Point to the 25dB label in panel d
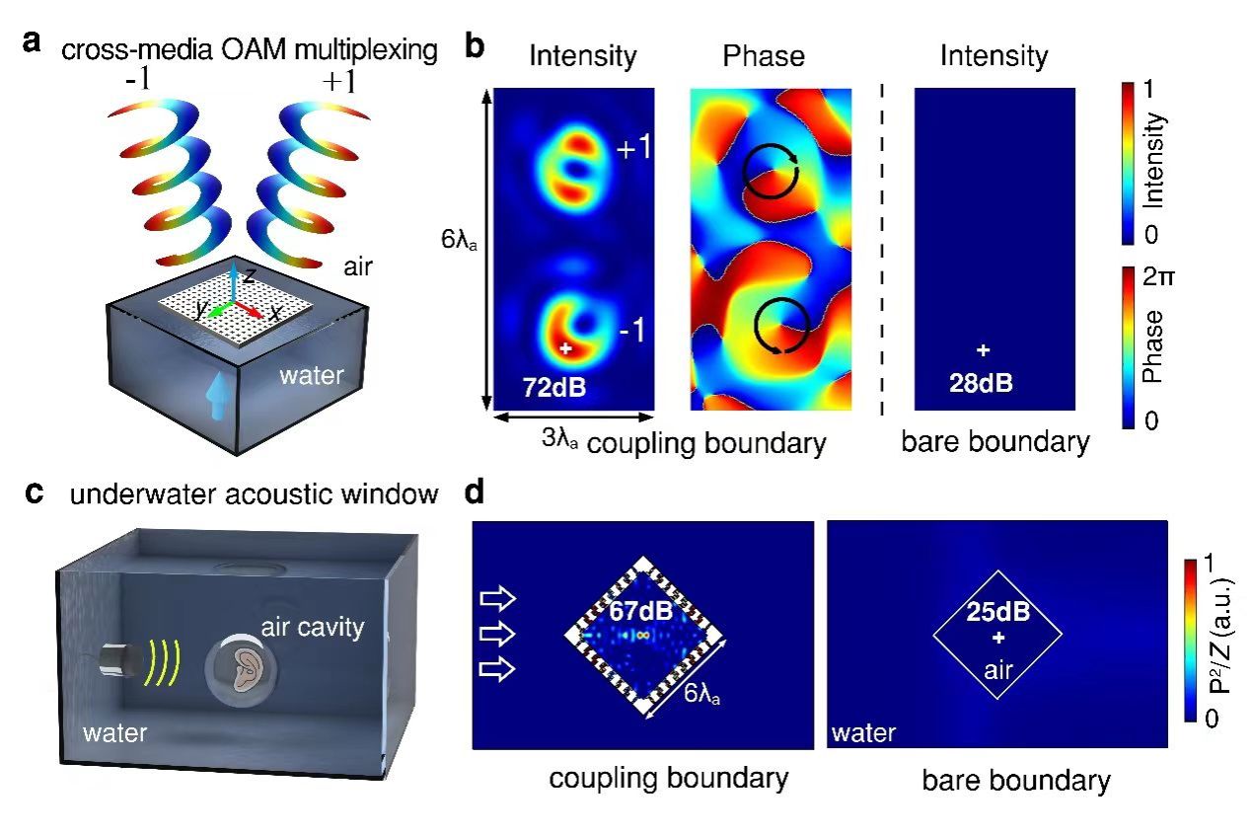click(996, 611)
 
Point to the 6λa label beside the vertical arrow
click(459, 240)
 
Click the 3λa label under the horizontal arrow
click(561, 440)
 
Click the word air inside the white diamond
click(997, 672)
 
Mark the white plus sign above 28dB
click(982, 350)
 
